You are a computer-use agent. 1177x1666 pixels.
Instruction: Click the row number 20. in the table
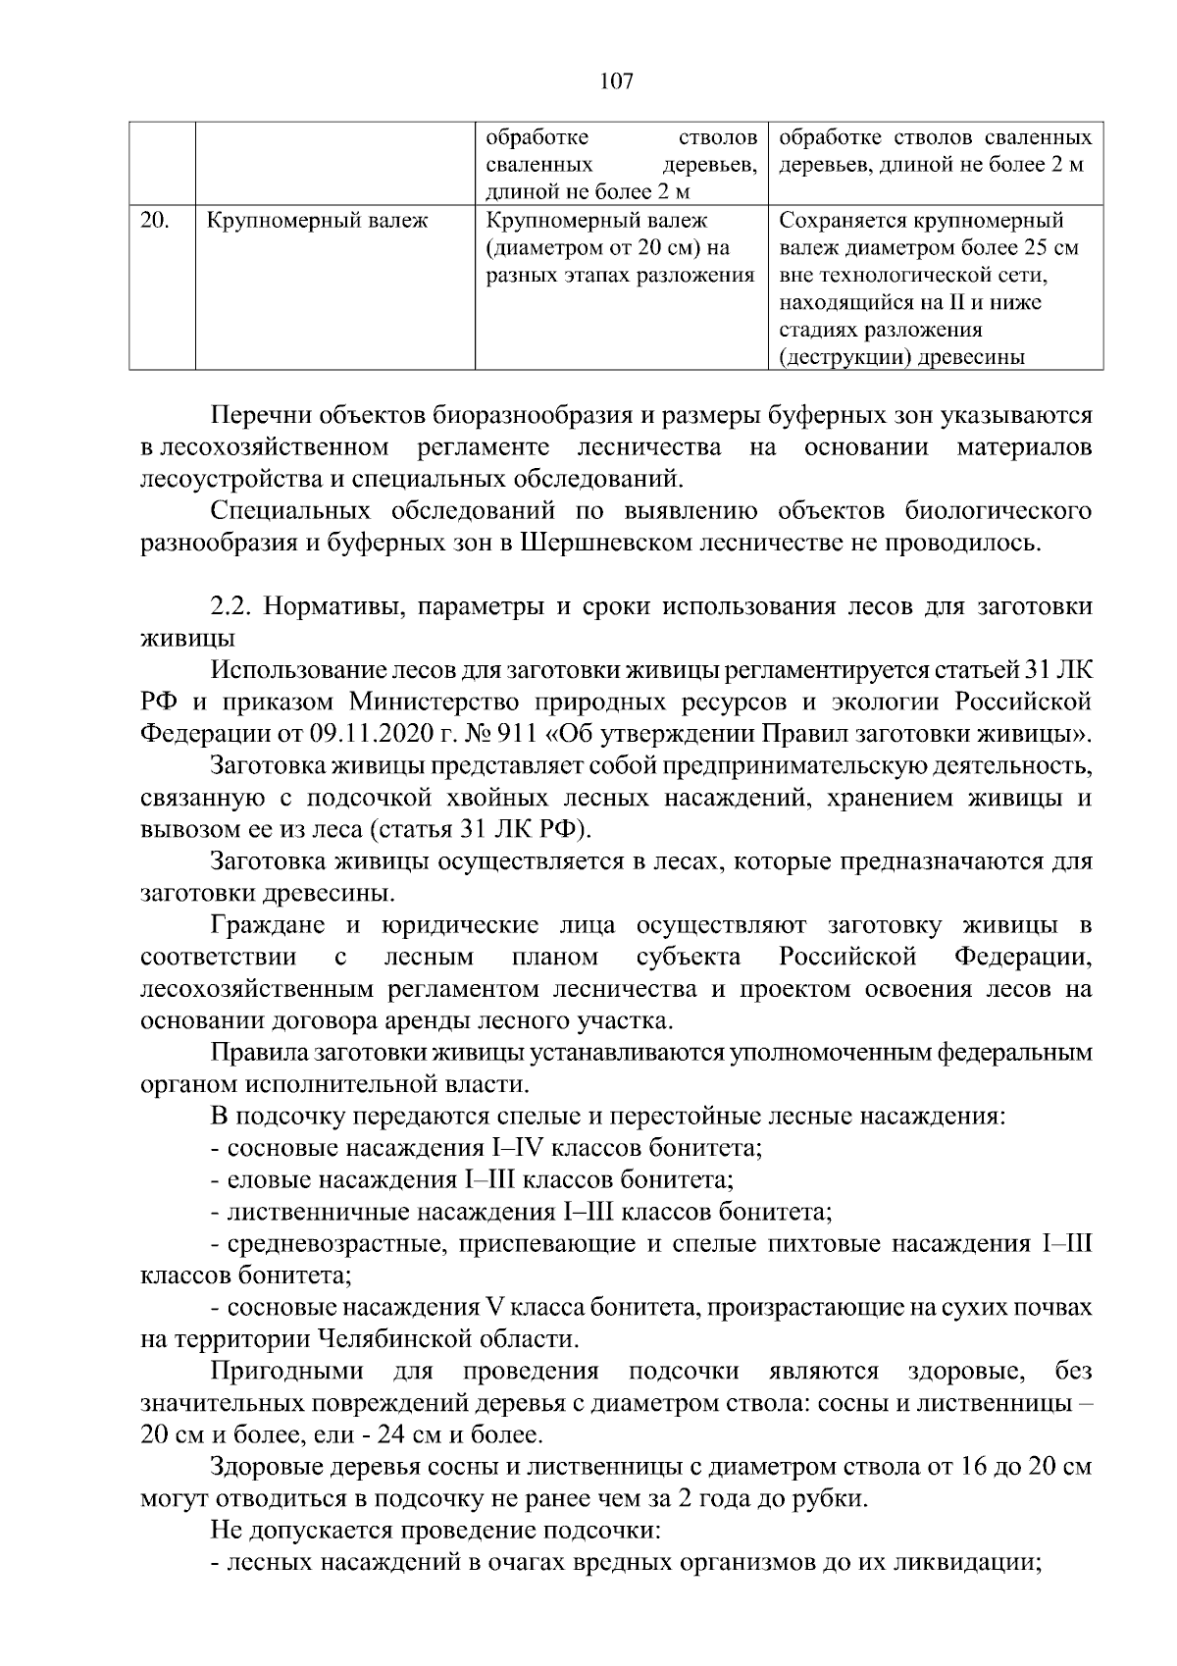pos(154,221)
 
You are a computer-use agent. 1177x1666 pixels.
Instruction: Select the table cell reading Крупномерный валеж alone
pos(317,221)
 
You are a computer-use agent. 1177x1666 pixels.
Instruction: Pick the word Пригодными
pos(286,1372)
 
